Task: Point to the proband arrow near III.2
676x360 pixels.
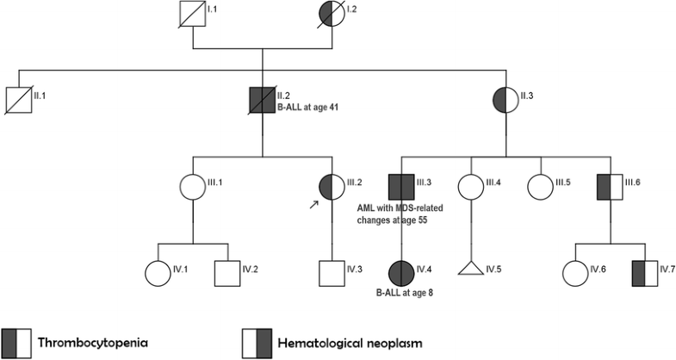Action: point(313,202)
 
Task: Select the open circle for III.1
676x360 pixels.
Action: point(192,186)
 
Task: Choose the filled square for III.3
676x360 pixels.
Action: point(401,186)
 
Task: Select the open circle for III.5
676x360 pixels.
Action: point(540,186)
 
